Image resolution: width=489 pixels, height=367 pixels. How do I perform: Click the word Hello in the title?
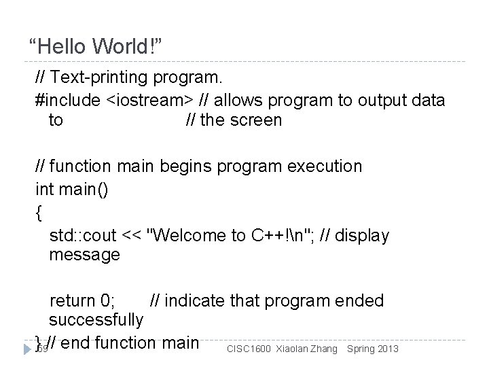(62, 48)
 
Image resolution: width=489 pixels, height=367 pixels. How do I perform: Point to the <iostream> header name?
(149, 101)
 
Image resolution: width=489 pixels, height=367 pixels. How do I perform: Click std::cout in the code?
(83, 235)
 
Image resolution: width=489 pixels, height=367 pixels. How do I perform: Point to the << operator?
(132, 235)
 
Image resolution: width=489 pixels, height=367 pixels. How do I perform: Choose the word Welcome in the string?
(192, 235)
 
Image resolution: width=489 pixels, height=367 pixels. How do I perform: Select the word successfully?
(96, 319)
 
